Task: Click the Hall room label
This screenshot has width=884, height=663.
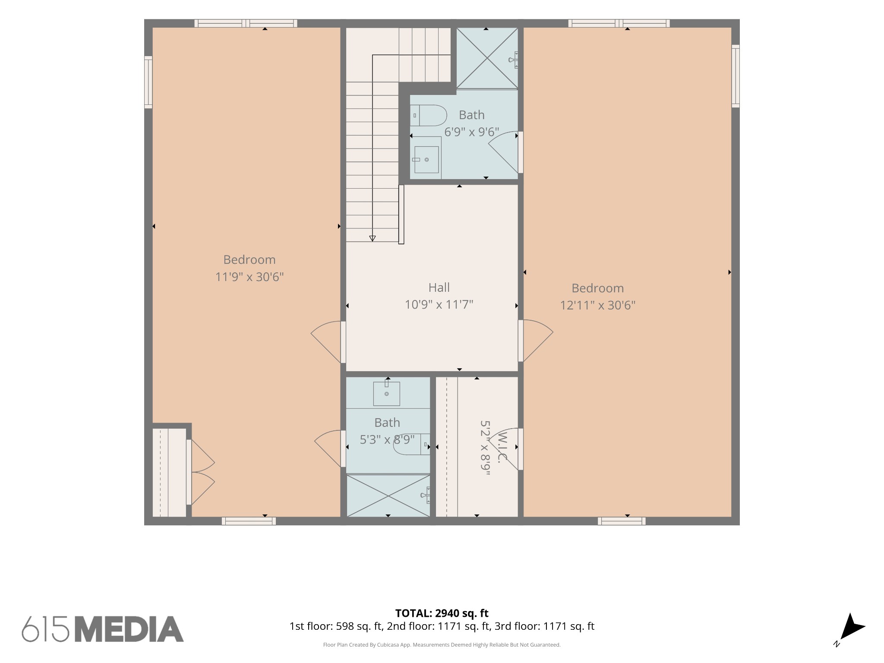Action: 439,287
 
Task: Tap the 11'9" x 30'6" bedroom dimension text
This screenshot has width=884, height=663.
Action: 249,277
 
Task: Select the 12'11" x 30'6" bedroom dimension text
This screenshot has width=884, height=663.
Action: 598,306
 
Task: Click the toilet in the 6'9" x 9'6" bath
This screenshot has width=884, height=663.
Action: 428,115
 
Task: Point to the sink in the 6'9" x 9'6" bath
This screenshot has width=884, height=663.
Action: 426,160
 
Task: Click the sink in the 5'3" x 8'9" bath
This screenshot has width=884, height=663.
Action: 386,393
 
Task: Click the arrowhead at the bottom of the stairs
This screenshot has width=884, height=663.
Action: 373,238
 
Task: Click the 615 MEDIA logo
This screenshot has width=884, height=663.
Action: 103,629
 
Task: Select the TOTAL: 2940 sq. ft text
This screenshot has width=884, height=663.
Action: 442,613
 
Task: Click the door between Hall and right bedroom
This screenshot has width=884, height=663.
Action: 535,341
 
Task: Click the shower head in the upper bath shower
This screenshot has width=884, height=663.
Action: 513,60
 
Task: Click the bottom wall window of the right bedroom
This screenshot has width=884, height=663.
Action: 622,521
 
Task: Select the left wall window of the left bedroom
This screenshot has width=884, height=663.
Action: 148,82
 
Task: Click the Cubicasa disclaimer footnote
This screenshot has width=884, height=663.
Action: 442,645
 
